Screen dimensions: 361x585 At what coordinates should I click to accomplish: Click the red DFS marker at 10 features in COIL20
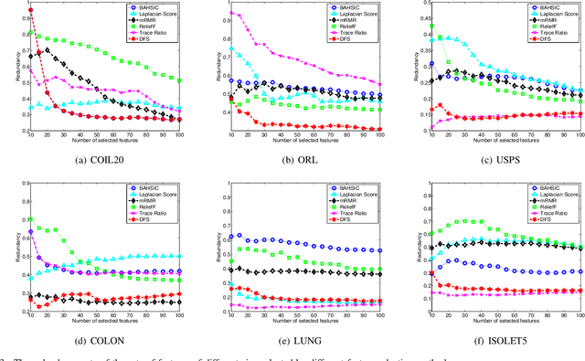[x=30, y=10]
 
